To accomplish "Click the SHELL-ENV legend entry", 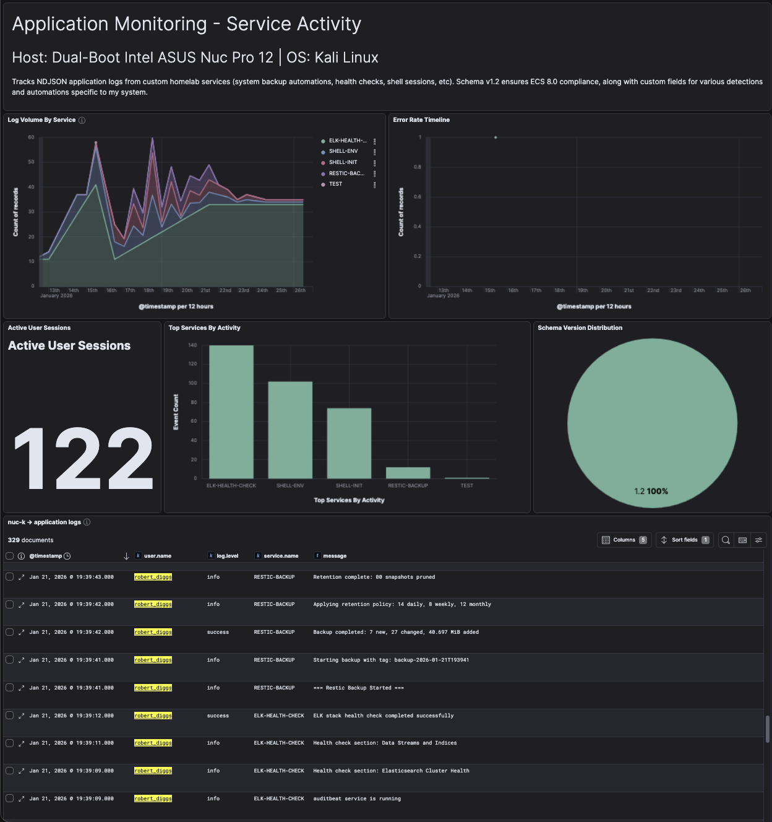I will pyautogui.click(x=343, y=151).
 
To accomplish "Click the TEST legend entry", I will pyautogui.click(x=335, y=184).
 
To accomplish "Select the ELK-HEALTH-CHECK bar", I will pyautogui.click(x=231, y=412).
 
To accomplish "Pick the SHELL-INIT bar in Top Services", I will pyautogui.click(x=349, y=443).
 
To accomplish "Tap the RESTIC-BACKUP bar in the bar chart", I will pyautogui.click(x=408, y=473).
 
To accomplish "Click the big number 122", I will pyautogui.click(x=83, y=459).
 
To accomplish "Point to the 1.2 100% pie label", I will pyautogui.click(x=651, y=491).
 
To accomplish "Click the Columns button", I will pyautogui.click(x=624, y=540).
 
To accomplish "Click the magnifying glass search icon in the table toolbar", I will pyautogui.click(x=726, y=540).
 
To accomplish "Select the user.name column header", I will pyautogui.click(x=157, y=556).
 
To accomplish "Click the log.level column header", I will pyautogui.click(x=227, y=556).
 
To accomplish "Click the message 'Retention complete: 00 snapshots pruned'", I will pyautogui.click(x=374, y=577).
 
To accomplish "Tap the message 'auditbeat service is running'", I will pyautogui.click(x=357, y=798).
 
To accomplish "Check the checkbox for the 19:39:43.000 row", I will pyautogui.click(x=10, y=577).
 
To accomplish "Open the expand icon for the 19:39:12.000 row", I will pyautogui.click(x=21, y=716).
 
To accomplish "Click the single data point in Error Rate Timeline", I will pyautogui.click(x=495, y=137).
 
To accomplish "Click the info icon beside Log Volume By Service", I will pyautogui.click(x=82, y=120).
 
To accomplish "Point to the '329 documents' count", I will pyautogui.click(x=30, y=540).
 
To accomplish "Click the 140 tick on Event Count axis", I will pyautogui.click(x=192, y=345).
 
